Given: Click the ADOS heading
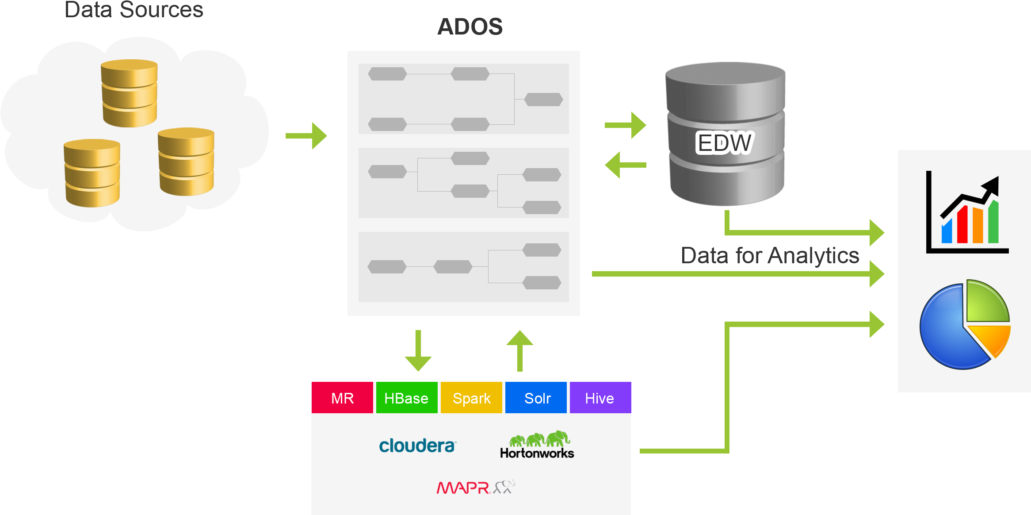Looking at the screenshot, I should coord(470,27).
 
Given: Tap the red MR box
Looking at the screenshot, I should coord(342,398).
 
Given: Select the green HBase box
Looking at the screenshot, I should coord(406,398).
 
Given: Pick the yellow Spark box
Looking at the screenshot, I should coord(471,398).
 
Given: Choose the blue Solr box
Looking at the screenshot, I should coord(536,398).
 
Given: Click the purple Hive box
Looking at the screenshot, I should coord(600,398).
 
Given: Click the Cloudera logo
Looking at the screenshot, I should coord(417,445).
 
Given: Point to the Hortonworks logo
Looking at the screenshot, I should coord(537,445).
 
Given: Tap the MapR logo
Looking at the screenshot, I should coord(475,487).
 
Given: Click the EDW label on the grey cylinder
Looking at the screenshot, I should coord(724,142).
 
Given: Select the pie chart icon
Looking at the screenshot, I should coord(965,325).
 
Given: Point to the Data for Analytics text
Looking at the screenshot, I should coord(770,256).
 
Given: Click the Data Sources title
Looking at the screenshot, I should coord(134,10).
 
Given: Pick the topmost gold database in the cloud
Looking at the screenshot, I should coord(129,93).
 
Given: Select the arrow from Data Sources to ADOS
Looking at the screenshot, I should coord(306,135).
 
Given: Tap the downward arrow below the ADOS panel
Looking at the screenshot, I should coord(418,351).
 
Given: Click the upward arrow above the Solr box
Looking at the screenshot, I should coord(520,350).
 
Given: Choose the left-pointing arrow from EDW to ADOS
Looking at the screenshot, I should coord(625,165).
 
